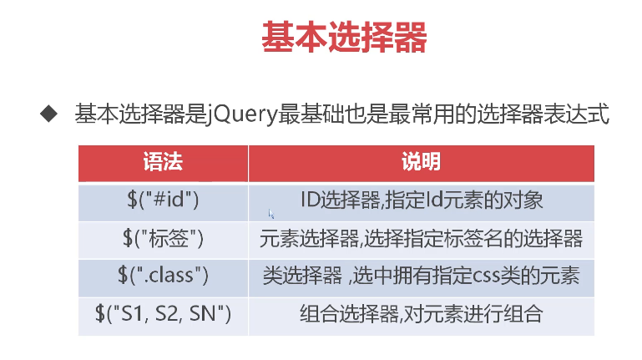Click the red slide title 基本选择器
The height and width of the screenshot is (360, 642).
(x=344, y=38)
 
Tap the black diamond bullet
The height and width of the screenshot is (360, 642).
(x=49, y=114)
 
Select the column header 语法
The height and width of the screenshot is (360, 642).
(x=163, y=161)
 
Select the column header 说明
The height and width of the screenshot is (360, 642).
(x=421, y=161)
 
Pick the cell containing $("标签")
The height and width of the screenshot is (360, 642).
(x=163, y=240)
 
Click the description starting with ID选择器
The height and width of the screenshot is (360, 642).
(x=422, y=200)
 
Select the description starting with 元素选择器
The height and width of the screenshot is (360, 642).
(x=421, y=238)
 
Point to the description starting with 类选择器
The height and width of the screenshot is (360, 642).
(x=421, y=276)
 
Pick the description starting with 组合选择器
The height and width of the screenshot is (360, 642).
(x=422, y=314)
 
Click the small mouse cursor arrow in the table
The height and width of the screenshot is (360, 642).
(x=270, y=214)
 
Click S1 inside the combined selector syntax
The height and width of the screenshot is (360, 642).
(x=132, y=314)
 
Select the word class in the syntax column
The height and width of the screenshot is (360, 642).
(x=171, y=275)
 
